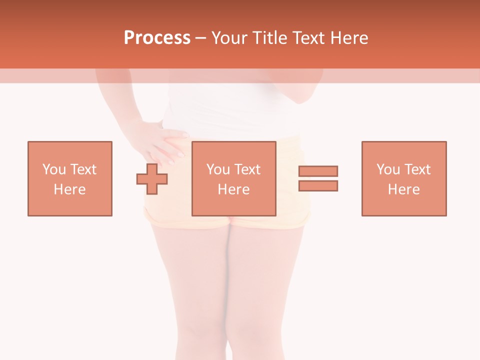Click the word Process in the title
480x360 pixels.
tap(157, 38)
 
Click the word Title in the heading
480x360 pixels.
tap(269, 38)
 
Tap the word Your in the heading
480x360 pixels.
tap(230, 38)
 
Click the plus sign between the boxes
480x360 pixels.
tap(152, 178)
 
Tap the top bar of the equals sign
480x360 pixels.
tap(318, 171)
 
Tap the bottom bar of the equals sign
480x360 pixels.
tap(318, 185)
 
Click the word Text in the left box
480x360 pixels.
tap(83, 169)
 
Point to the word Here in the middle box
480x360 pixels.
tap(234, 189)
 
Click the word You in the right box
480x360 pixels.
tap(388, 169)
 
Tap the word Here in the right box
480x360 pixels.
tap(404, 189)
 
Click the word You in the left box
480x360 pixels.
tap(54, 169)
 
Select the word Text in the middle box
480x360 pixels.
tap(247, 169)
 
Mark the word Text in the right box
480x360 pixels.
tap(417, 169)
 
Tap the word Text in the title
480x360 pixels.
tap(308, 38)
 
